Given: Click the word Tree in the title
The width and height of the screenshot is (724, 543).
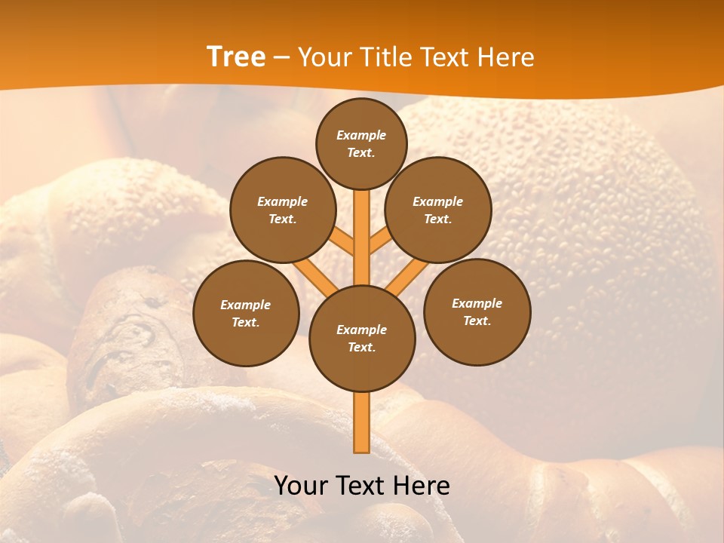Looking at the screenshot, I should (236, 57).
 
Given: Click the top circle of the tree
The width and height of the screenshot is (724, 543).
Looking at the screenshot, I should (361, 143).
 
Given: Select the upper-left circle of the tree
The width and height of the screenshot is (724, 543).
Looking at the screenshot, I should (283, 210).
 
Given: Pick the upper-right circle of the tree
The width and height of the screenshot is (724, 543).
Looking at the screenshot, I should (438, 210).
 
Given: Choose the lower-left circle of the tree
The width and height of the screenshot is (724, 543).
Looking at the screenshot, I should (246, 313).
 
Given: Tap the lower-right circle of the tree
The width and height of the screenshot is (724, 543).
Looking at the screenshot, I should (477, 311).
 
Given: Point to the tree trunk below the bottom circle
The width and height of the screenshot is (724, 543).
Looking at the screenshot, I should (362, 422).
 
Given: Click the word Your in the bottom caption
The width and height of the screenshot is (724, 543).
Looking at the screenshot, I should (302, 486).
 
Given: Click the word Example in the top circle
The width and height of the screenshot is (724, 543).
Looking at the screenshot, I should (361, 135).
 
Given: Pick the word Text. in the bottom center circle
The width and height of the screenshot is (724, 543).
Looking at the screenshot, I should (361, 347).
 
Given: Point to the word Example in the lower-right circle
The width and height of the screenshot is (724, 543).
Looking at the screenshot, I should (477, 303).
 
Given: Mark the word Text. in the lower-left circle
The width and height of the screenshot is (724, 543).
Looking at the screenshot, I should (246, 322).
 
